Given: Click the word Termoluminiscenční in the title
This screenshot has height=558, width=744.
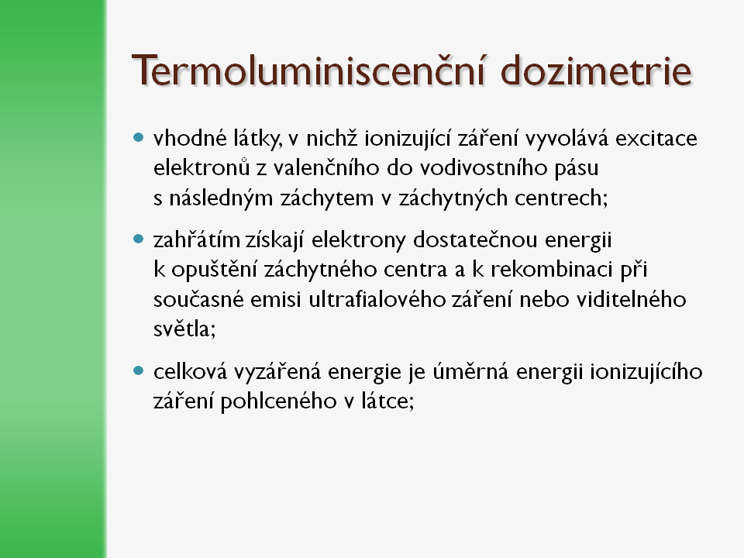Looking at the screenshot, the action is click(x=309, y=71).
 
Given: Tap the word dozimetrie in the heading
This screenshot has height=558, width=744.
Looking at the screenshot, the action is click(x=596, y=71).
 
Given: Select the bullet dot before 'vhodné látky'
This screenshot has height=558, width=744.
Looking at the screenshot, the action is click(x=138, y=138).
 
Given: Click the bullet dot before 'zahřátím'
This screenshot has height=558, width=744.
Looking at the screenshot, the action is click(x=138, y=239).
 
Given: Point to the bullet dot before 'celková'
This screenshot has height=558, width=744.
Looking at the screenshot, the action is click(x=138, y=370).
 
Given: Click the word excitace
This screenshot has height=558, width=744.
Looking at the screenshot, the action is click(x=656, y=139).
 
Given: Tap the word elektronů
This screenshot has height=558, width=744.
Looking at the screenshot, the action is click(x=201, y=167).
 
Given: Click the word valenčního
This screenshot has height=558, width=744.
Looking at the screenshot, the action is click(x=326, y=167).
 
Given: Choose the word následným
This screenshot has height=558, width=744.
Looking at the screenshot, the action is click(x=221, y=198).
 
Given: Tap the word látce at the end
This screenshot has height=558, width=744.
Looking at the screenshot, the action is click(x=385, y=401).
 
